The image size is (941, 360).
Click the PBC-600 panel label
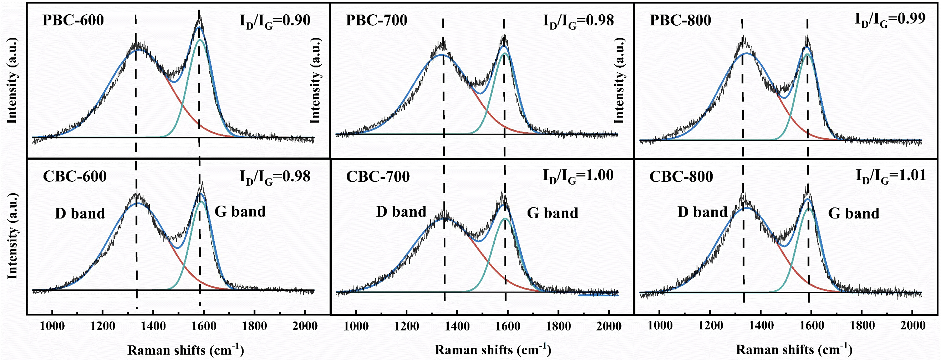(x=73, y=20)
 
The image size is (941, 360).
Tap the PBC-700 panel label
(x=377, y=20)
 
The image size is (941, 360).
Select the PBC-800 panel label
(x=680, y=20)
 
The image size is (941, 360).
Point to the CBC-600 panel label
(x=74, y=176)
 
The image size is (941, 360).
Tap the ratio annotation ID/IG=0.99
(x=890, y=19)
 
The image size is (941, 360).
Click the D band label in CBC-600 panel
(x=80, y=213)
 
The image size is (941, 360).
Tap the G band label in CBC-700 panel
(x=552, y=213)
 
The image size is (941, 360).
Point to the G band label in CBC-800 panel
(x=853, y=213)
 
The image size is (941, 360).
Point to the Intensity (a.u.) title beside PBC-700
(x=315, y=80)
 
